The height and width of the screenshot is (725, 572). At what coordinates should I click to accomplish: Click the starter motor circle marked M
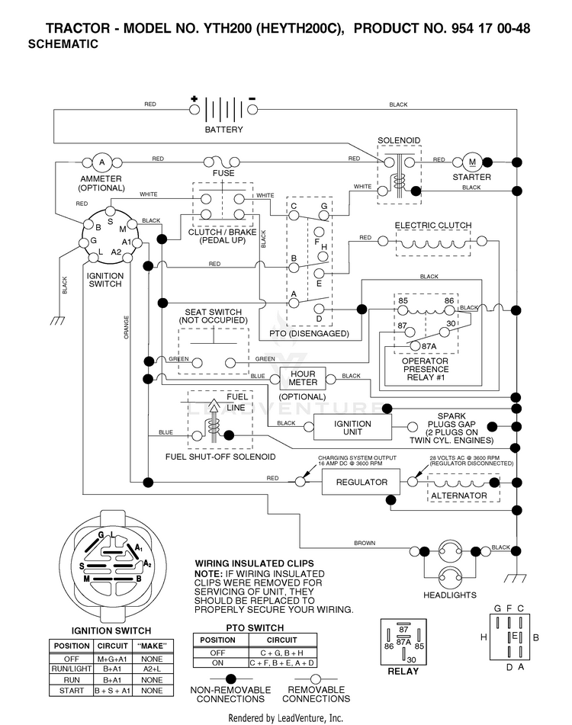click(x=472, y=162)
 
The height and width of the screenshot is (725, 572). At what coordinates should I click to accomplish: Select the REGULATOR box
click(x=362, y=483)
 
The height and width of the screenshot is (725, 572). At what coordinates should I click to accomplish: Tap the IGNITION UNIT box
click(x=352, y=427)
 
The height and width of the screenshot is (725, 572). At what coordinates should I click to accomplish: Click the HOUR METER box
click(x=303, y=378)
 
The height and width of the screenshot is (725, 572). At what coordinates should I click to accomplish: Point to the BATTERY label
click(x=223, y=130)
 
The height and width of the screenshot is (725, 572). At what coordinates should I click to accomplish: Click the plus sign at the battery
click(x=194, y=98)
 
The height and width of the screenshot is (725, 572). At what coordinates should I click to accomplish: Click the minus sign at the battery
click(x=252, y=98)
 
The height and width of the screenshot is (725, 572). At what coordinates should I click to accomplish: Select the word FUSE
click(x=223, y=173)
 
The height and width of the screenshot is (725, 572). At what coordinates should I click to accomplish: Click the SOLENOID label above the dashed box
click(x=399, y=140)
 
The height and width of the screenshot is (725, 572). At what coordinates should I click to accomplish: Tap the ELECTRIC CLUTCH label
click(x=433, y=225)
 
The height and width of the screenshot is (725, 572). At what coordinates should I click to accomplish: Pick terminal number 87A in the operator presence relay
click(x=429, y=346)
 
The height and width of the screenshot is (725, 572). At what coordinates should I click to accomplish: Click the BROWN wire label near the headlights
click(x=365, y=543)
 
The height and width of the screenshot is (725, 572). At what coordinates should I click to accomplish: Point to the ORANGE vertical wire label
click(x=127, y=327)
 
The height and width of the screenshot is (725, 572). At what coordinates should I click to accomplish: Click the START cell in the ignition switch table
click(x=72, y=691)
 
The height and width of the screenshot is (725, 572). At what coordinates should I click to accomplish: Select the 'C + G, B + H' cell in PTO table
click(x=282, y=653)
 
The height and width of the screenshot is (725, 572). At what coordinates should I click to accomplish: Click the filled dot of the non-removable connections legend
click(x=230, y=678)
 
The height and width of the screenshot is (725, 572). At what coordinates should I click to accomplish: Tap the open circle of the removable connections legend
click(x=316, y=678)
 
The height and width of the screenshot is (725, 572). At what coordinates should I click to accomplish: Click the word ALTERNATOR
click(x=459, y=496)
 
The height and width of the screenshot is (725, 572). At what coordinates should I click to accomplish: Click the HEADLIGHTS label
click(x=450, y=595)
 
